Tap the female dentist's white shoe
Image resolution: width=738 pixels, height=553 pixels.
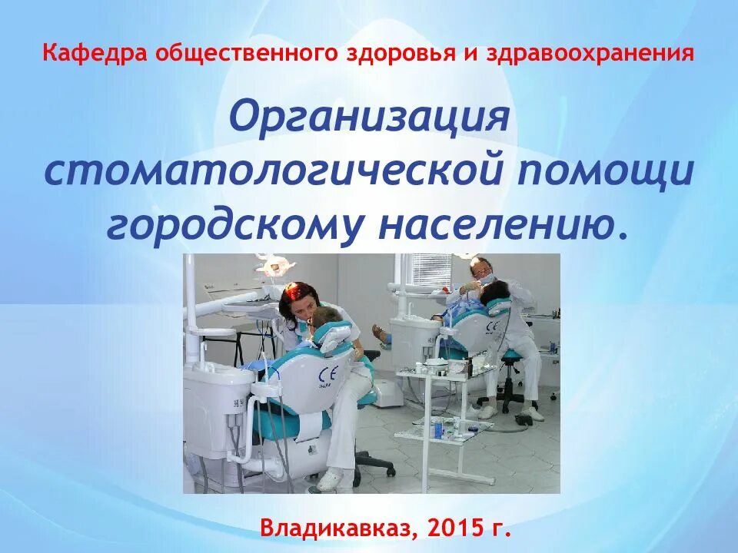point(329,479)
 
